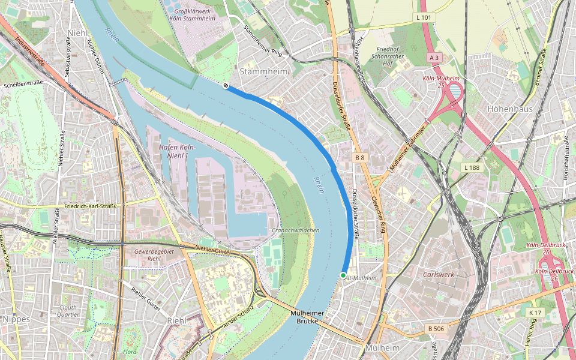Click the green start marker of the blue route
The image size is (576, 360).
343,275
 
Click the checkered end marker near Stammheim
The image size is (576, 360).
226,86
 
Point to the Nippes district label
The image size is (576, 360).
16,319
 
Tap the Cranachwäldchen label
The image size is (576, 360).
296,230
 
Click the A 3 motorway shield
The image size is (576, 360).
434,58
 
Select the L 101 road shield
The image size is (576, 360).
424,18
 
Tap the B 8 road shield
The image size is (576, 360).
359,157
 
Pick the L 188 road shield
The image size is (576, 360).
471,167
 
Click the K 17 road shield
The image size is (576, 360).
535,313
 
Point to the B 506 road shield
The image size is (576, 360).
436,328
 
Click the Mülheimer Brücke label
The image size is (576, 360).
307,317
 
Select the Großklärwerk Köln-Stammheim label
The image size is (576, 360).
194,14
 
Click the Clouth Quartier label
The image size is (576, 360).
68,310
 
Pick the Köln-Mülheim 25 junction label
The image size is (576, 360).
440,82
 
